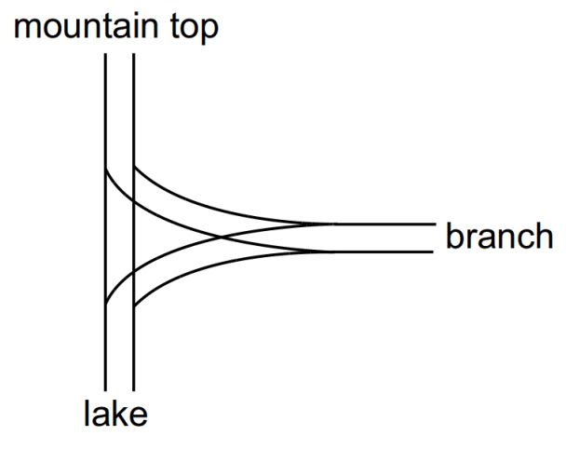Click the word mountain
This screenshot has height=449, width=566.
coord(86,26)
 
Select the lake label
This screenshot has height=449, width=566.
coord(115,413)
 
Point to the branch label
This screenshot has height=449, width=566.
coord(500,235)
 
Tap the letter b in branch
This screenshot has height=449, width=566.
coord(456,235)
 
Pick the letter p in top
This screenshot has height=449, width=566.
coord(209,32)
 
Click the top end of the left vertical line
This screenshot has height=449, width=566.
coord(105,54)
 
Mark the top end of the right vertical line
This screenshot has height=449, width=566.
coord(133,54)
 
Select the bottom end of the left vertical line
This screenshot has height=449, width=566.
coord(105,391)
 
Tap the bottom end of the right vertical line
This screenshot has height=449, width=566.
coord(133,391)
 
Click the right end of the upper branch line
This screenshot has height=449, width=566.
coord(436,224)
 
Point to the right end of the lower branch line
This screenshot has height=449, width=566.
coord(433,252)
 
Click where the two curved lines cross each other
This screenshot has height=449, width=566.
coord(222,238)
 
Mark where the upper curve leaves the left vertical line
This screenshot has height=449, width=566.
coord(105,169)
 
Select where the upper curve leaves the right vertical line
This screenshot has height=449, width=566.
coord(134,167)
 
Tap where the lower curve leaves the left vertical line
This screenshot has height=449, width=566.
coord(105,305)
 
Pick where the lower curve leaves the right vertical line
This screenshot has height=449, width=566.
coord(134,307)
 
